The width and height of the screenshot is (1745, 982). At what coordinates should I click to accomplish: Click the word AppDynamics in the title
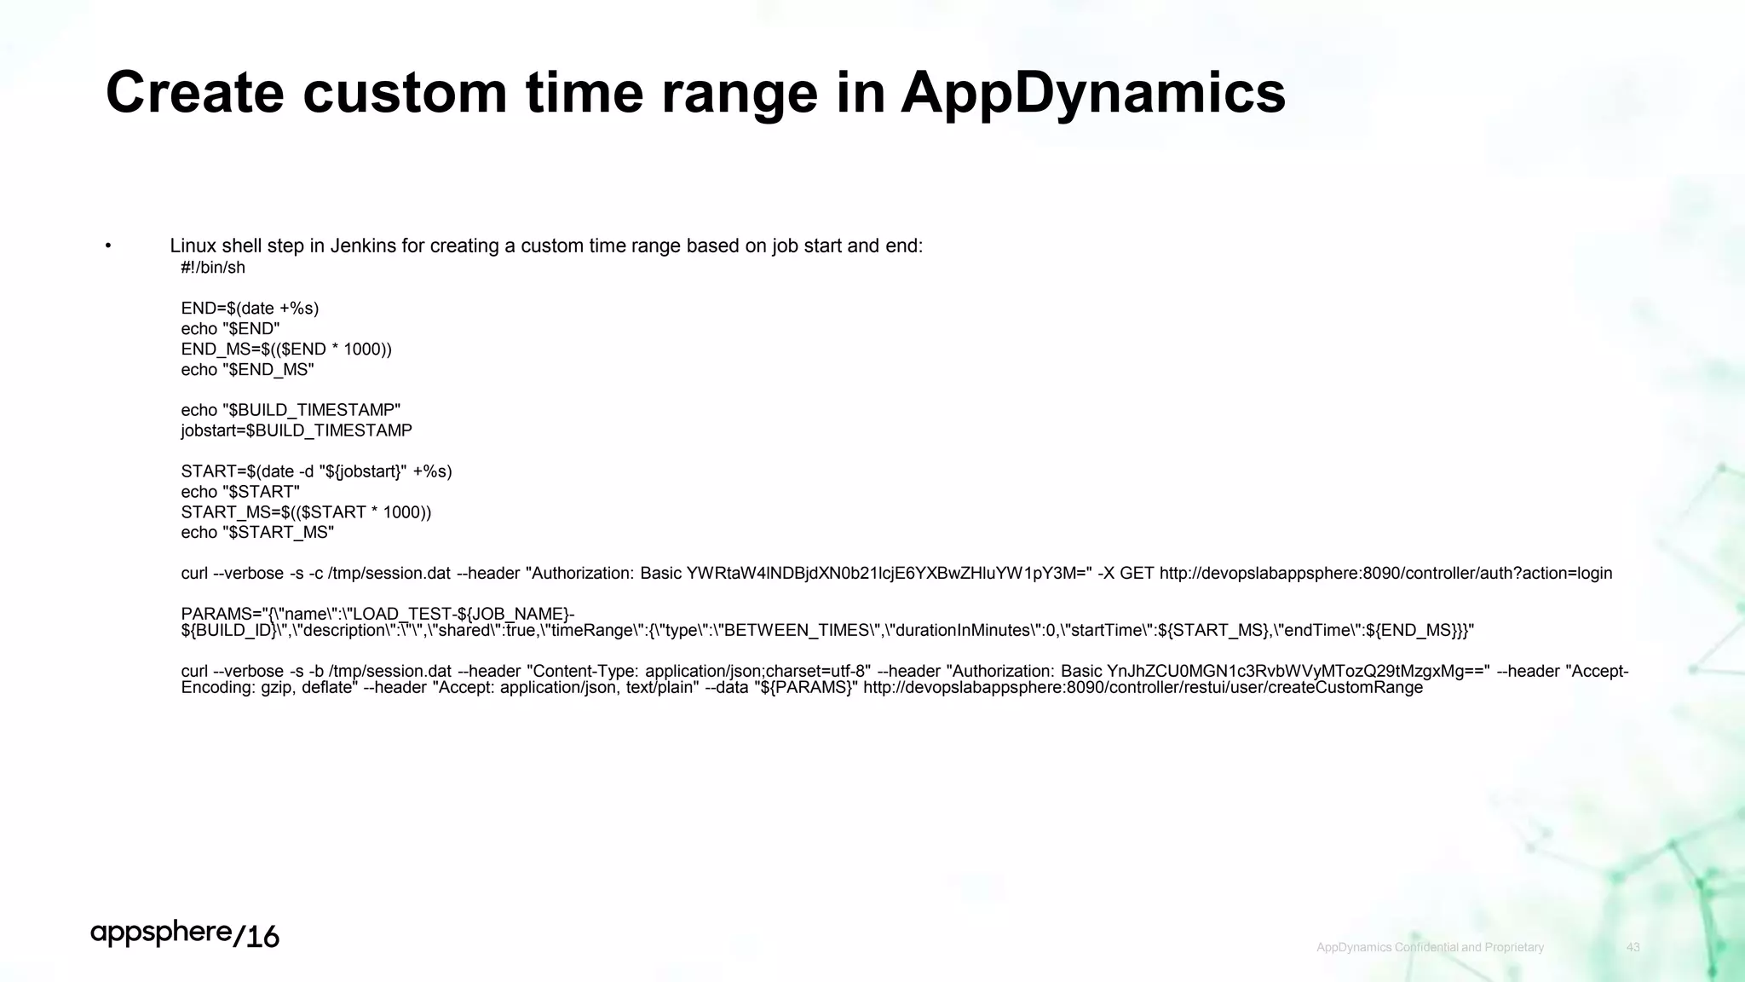click(1093, 93)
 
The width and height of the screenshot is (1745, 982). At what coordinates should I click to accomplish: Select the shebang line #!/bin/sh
click(213, 268)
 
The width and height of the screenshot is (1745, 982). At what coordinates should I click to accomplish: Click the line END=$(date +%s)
click(250, 309)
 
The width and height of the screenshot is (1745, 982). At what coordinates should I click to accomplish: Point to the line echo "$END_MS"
click(247, 370)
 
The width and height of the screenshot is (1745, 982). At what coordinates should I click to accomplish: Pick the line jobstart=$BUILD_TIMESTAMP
click(297, 431)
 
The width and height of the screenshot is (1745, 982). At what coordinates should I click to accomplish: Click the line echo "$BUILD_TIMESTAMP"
click(291, 411)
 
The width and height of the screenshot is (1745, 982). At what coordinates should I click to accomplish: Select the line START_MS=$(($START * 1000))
click(306, 512)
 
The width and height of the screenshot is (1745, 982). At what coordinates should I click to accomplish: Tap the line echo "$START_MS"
click(257, 533)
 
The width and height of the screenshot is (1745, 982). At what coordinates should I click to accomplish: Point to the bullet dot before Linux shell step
click(108, 246)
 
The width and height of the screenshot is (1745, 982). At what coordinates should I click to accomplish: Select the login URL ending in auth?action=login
click(1385, 574)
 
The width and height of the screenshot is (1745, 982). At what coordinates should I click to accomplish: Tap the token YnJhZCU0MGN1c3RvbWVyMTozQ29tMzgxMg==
click(1298, 672)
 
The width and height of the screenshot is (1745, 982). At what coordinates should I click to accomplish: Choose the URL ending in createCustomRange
click(1143, 688)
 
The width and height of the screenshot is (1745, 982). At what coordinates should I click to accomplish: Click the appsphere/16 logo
click(185, 935)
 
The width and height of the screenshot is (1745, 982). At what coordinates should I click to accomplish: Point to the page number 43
click(1633, 948)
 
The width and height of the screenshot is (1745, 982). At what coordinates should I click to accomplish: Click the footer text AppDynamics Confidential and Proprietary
click(1430, 948)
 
